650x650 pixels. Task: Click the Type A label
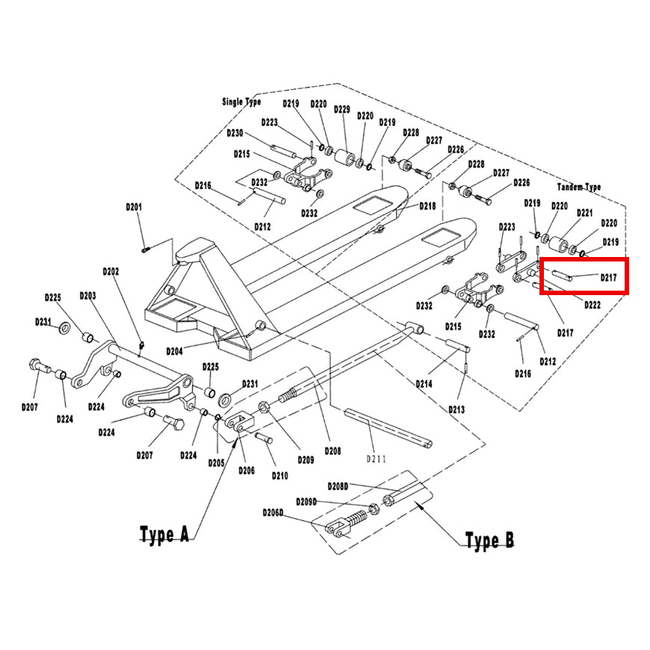[164, 534]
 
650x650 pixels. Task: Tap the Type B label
[489, 540]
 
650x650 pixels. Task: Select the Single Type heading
[241, 102]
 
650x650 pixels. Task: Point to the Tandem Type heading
[579, 187]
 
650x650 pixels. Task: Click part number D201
[134, 207]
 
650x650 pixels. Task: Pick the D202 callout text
[111, 271]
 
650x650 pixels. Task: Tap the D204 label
[174, 352]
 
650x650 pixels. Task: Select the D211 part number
[376, 459]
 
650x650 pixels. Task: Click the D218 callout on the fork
[427, 206]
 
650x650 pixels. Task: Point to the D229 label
[342, 109]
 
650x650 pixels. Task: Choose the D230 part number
[235, 133]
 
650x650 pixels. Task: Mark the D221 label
[584, 213]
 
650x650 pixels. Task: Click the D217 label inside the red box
[609, 277]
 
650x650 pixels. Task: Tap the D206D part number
[273, 513]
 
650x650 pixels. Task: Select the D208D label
[338, 486]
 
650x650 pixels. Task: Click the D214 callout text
[424, 384]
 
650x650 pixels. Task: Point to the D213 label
[456, 409]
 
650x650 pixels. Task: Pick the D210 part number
[280, 476]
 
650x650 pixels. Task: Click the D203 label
[87, 296]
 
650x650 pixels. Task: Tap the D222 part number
[592, 305]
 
